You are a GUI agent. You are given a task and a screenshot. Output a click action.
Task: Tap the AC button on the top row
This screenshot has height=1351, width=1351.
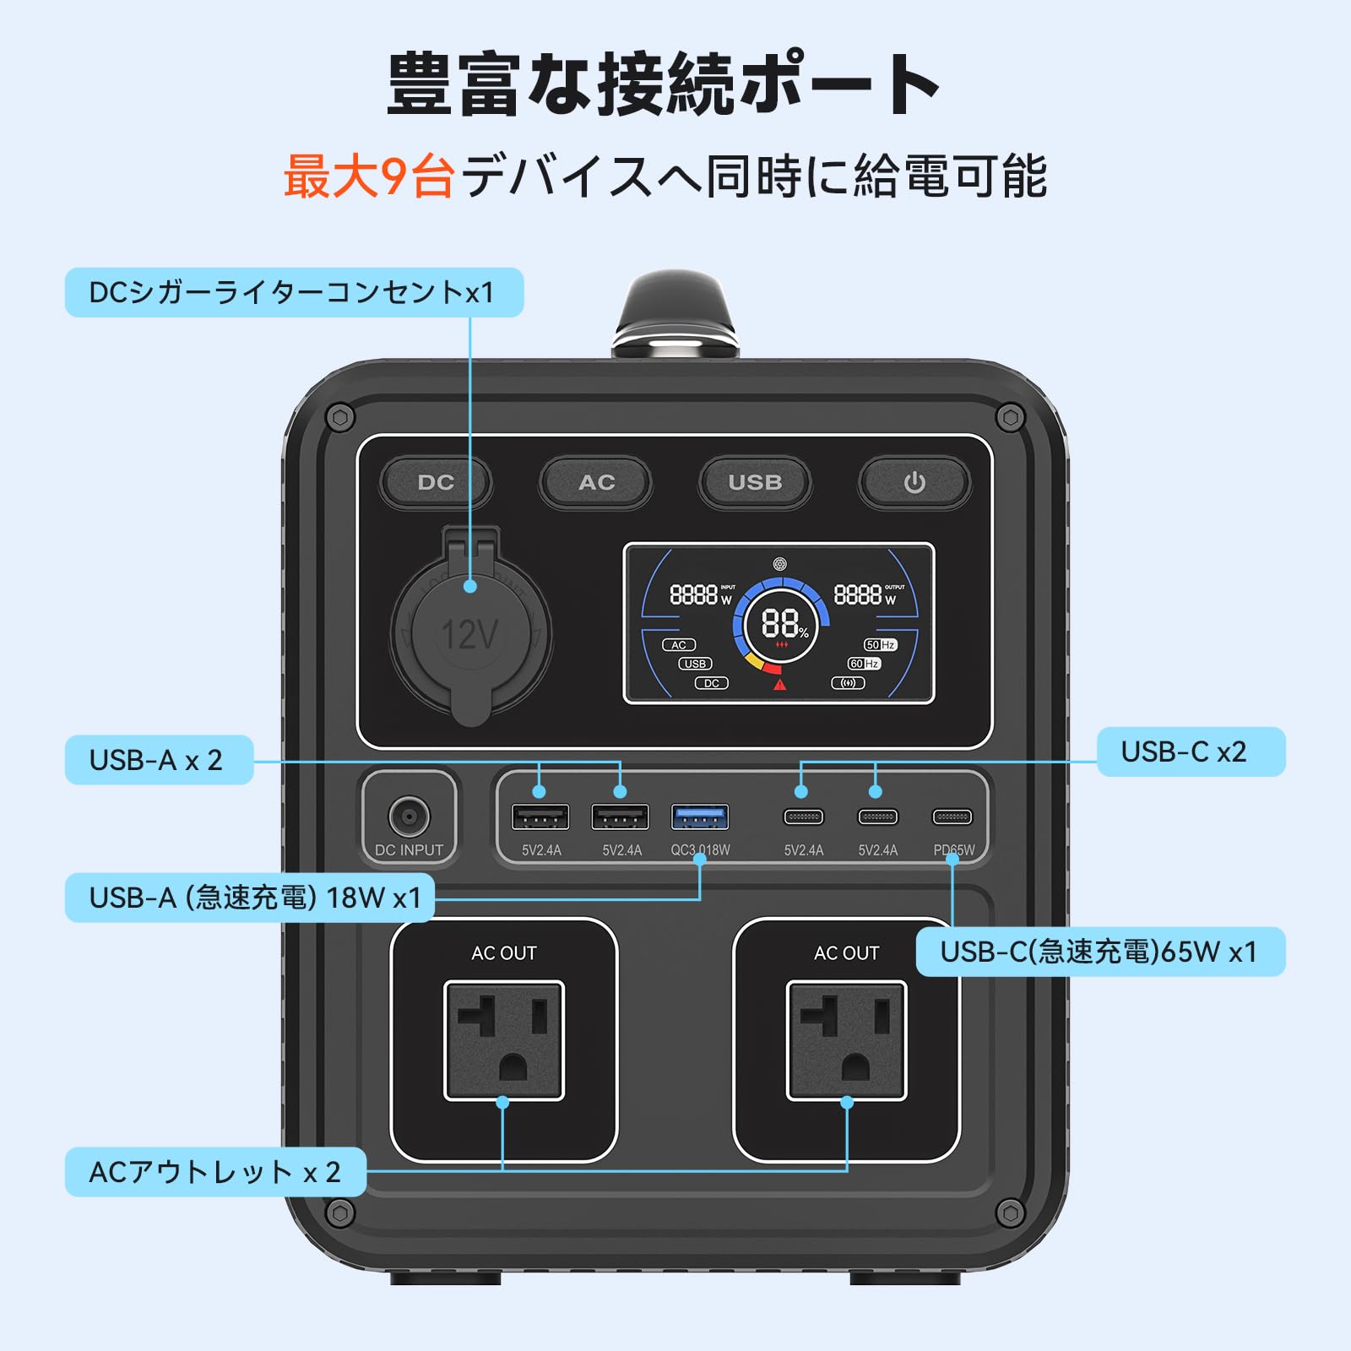pyautogui.click(x=596, y=482)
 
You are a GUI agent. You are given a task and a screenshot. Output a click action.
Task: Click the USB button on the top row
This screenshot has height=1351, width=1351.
pyautogui.click(x=755, y=482)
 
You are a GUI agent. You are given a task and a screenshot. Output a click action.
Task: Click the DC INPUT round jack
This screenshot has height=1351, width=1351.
pyautogui.click(x=409, y=817)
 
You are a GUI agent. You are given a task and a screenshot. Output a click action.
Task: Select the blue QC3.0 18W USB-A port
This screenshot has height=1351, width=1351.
pyautogui.click(x=700, y=817)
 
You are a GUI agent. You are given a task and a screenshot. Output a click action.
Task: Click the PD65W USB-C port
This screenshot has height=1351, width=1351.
pyautogui.click(x=952, y=817)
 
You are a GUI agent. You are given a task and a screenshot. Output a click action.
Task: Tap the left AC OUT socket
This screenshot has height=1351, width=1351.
pyautogui.click(x=504, y=1040)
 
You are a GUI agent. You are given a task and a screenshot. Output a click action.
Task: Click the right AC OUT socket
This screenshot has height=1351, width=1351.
pyautogui.click(x=847, y=1040)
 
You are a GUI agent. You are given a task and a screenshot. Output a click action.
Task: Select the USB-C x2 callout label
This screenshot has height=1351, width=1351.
pyautogui.click(x=1191, y=751)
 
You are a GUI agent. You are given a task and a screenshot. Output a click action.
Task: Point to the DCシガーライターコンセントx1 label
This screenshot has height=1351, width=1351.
pyautogui.click(x=294, y=293)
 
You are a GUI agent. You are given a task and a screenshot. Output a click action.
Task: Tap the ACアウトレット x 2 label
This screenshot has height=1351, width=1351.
pyautogui.click(x=215, y=1172)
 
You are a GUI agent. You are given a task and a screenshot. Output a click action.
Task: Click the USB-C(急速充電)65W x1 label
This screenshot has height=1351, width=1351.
pyautogui.click(x=1100, y=952)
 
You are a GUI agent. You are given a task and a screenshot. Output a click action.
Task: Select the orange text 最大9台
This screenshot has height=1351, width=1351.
pyautogui.click(x=368, y=177)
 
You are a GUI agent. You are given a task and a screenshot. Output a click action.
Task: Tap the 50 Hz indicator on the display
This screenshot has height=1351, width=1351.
pyautogui.click(x=880, y=644)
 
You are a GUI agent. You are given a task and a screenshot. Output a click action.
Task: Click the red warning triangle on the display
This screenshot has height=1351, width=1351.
pyautogui.click(x=779, y=684)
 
